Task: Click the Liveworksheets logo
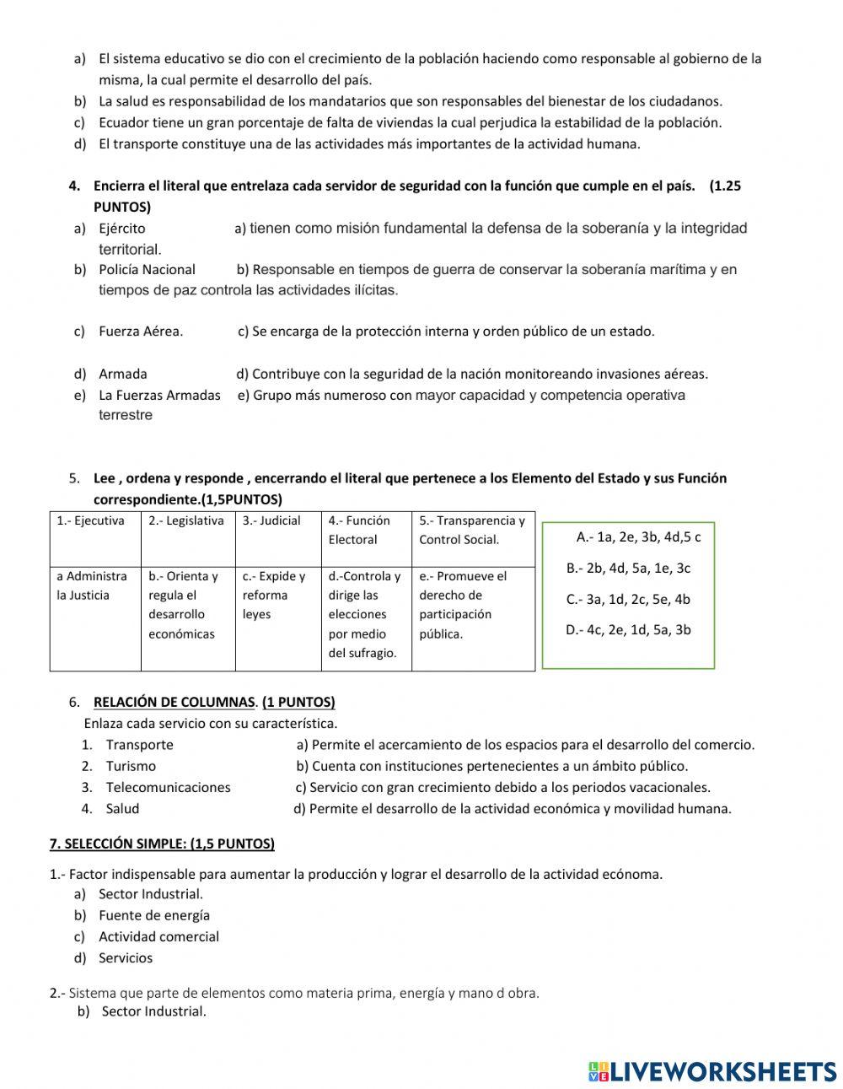point(712,1070)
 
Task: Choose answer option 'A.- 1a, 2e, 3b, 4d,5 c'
point(638,537)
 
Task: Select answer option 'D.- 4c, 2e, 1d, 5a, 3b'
point(628,630)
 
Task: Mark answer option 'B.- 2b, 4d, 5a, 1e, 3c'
point(628,569)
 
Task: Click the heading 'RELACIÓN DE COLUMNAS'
point(174,702)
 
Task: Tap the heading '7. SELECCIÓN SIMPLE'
point(162,844)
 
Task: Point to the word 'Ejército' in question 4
point(121,229)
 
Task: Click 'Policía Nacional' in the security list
point(147,270)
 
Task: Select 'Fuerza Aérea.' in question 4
point(141,332)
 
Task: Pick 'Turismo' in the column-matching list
point(131,766)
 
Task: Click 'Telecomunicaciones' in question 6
point(168,787)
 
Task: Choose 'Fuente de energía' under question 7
point(154,915)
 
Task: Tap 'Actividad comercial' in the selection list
point(158,936)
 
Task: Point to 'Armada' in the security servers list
point(123,374)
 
